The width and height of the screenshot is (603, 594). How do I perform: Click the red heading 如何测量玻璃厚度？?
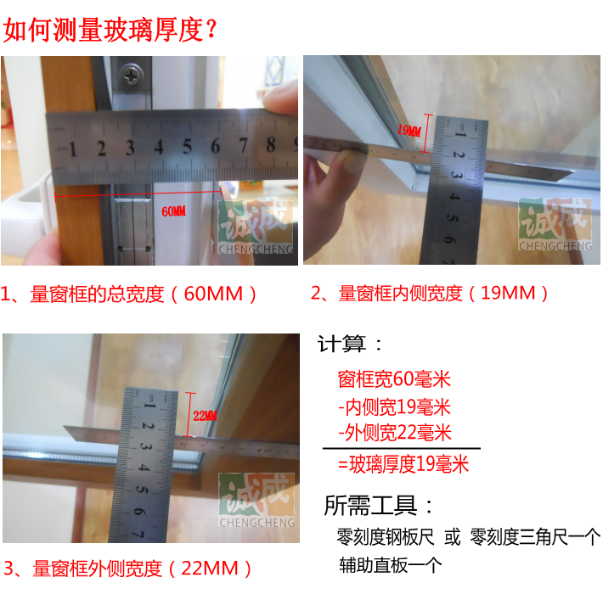click(x=110, y=30)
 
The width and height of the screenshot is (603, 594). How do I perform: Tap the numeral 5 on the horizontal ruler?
click(x=187, y=147)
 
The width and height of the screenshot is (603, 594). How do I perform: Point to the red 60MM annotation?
click(x=174, y=211)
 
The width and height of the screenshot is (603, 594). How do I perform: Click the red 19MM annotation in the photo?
click(x=409, y=130)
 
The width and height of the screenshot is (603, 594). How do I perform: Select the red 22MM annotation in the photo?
click(x=205, y=415)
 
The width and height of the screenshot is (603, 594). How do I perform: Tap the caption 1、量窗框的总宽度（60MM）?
click(x=128, y=294)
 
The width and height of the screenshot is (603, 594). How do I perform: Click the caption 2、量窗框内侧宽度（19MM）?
click(x=430, y=293)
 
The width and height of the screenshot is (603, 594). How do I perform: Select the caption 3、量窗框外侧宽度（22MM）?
click(x=127, y=569)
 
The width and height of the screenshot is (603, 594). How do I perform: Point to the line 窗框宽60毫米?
click(x=394, y=379)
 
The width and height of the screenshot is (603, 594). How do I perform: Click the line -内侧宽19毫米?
click(x=394, y=406)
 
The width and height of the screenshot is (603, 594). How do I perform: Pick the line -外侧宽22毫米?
click(x=395, y=433)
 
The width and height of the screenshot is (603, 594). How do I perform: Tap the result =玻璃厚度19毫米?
click(x=403, y=464)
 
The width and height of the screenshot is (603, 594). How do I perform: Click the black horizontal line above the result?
click(x=402, y=448)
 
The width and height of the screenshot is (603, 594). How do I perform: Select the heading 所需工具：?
click(x=379, y=505)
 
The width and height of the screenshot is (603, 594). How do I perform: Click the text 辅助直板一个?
click(x=391, y=565)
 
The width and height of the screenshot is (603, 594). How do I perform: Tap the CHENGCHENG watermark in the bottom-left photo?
click(x=256, y=523)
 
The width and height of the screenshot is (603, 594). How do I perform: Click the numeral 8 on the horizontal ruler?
click(x=271, y=145)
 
